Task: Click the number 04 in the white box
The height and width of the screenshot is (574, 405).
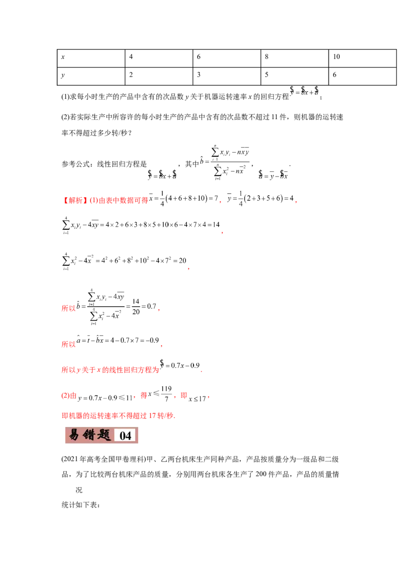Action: pyautogui.click(x=125, y=436)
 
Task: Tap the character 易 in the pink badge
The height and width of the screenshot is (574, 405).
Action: pyautogui.click(x=74, y=435)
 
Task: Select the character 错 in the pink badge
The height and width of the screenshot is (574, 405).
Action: pyautogui.click(x=90, y=435)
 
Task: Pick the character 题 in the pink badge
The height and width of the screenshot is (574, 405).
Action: pyautogui.click(x=104, y=435)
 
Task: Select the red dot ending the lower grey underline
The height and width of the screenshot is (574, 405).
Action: pyautogui.click(x=188, y=270)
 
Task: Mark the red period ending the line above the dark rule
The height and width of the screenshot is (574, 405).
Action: pyautogui.click(x=160, y=310)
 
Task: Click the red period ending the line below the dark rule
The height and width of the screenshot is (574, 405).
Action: pyautogui.click(x=163, y=347)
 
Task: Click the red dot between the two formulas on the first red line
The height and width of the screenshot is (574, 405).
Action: pyautogui.click(x=221, y=202)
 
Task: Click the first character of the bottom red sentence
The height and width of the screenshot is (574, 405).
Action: pyautogui.click(x=64, y=416)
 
